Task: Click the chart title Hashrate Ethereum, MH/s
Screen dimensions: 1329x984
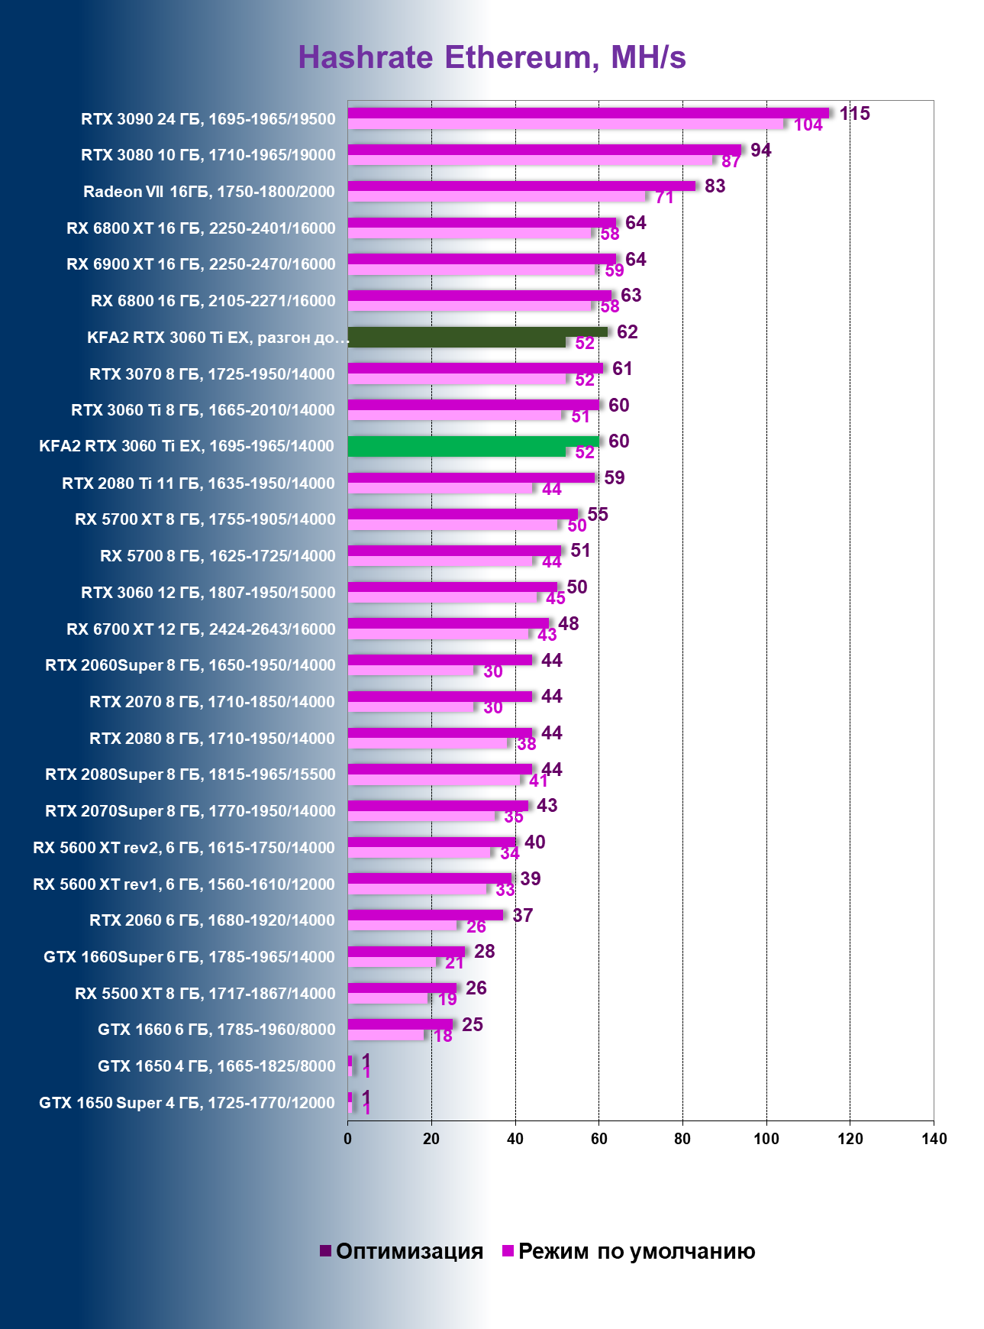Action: [492, 57]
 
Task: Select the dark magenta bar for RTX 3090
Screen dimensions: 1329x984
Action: [588, 113]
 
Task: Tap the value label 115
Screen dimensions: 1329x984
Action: [854, 114]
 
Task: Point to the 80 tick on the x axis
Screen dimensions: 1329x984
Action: [682, 1139]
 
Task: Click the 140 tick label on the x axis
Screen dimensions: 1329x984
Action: [934, 1139]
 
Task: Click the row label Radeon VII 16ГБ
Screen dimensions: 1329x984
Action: [208, 192]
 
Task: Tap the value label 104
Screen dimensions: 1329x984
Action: [808, 125]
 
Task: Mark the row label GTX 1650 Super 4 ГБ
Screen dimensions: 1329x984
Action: [187, 1103]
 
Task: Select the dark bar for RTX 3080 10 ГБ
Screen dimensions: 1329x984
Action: [544, 150]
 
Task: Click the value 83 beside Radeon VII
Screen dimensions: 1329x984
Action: [715, 186]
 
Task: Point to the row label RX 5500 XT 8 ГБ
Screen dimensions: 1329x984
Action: [205, 994]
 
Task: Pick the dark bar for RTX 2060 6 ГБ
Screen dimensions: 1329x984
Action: [425, 915]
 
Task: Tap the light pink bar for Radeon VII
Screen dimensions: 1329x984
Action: [496, 196]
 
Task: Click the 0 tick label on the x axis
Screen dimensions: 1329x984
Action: [348, 1139]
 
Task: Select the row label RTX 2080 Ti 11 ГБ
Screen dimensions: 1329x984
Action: [198, 483]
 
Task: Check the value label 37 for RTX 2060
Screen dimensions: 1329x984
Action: [522, 915]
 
